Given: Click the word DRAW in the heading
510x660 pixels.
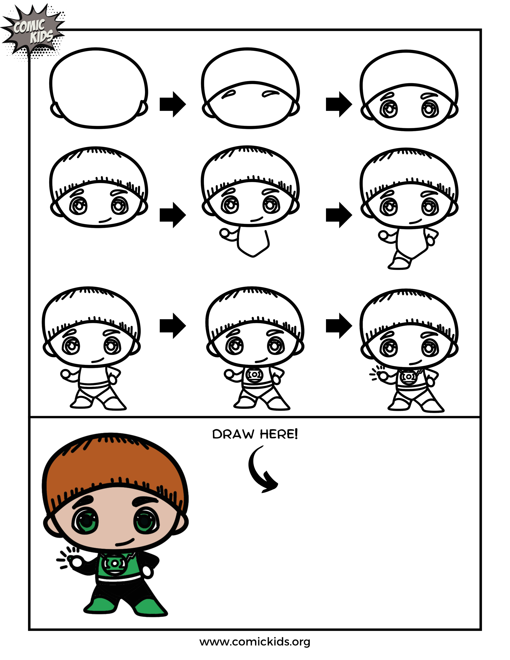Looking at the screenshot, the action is coord(233,434).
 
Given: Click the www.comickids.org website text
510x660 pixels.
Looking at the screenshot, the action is coord(255,642).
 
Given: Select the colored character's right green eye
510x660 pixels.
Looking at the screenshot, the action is coord(146,521).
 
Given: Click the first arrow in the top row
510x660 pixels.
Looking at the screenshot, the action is coord(173,104).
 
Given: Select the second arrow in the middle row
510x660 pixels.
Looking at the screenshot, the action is coord(339,215).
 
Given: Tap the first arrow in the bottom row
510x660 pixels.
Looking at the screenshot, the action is coord(173,326).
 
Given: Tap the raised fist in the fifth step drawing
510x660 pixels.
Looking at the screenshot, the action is coord(225,234).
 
